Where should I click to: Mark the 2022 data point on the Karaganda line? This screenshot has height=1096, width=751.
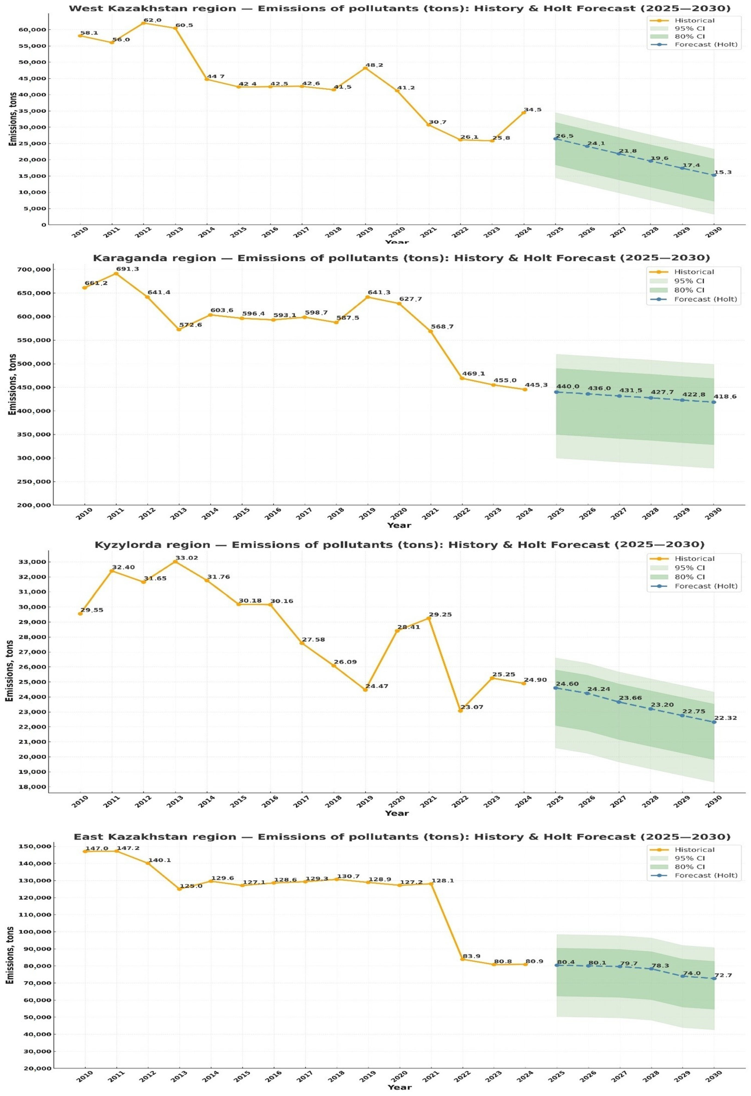pyautogui.click(x=462, y=378)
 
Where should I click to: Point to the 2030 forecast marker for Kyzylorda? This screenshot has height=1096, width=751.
pyautogui.click(x=714, y=722)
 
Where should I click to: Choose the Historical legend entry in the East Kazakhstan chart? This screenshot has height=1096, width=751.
pyautogui.click(x=694, y=850)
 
